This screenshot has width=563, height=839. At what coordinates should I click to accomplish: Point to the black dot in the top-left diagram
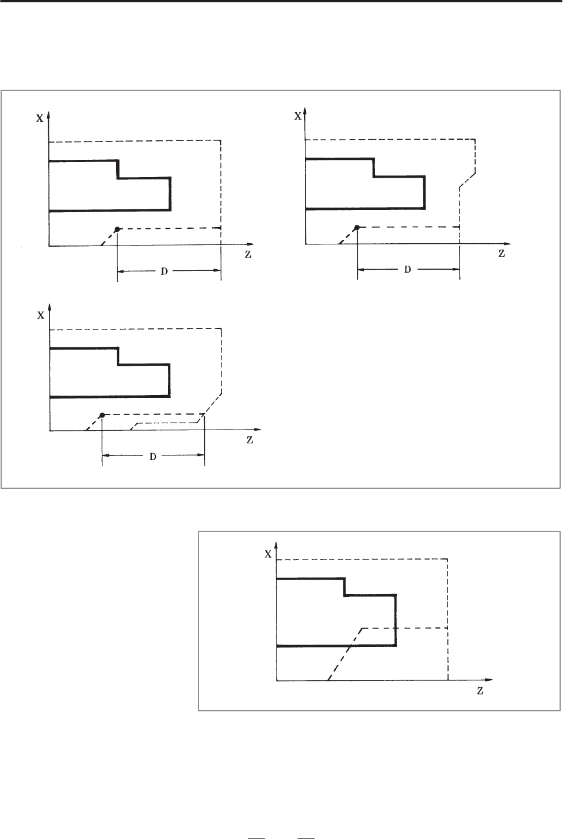point(117,229)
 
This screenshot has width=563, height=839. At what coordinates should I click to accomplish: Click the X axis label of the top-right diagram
point(298,115)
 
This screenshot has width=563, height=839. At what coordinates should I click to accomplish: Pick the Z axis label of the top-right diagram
point(501,253)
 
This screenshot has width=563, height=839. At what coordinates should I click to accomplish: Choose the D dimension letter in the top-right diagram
point(408,269)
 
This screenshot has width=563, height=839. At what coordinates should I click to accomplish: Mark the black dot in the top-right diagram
point(357,228)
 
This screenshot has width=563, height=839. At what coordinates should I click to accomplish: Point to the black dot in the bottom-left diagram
point(102,415)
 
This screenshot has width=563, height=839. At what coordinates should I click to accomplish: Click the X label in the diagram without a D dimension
point(268,554)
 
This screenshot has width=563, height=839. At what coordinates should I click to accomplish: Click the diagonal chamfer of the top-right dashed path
point(467,179)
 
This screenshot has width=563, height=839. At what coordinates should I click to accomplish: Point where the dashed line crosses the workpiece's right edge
point(396,628)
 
